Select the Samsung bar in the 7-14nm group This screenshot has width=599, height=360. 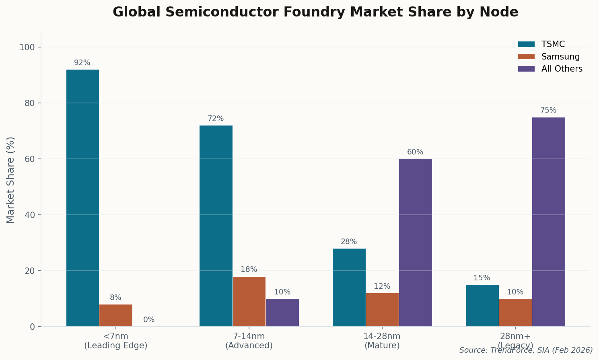249,301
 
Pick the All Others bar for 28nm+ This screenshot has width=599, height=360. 548,222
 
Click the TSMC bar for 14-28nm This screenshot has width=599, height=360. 349,287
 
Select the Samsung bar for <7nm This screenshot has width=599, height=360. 116,315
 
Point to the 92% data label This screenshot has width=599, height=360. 82,63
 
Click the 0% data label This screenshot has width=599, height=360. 149,320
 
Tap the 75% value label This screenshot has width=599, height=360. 548,110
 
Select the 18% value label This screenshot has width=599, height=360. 249,269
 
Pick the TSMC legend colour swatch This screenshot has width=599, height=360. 526,44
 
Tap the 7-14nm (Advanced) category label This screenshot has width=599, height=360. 249,341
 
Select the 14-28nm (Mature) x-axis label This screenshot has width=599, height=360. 382,341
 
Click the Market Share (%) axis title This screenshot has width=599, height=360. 11,180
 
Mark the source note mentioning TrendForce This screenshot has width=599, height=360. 526,350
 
